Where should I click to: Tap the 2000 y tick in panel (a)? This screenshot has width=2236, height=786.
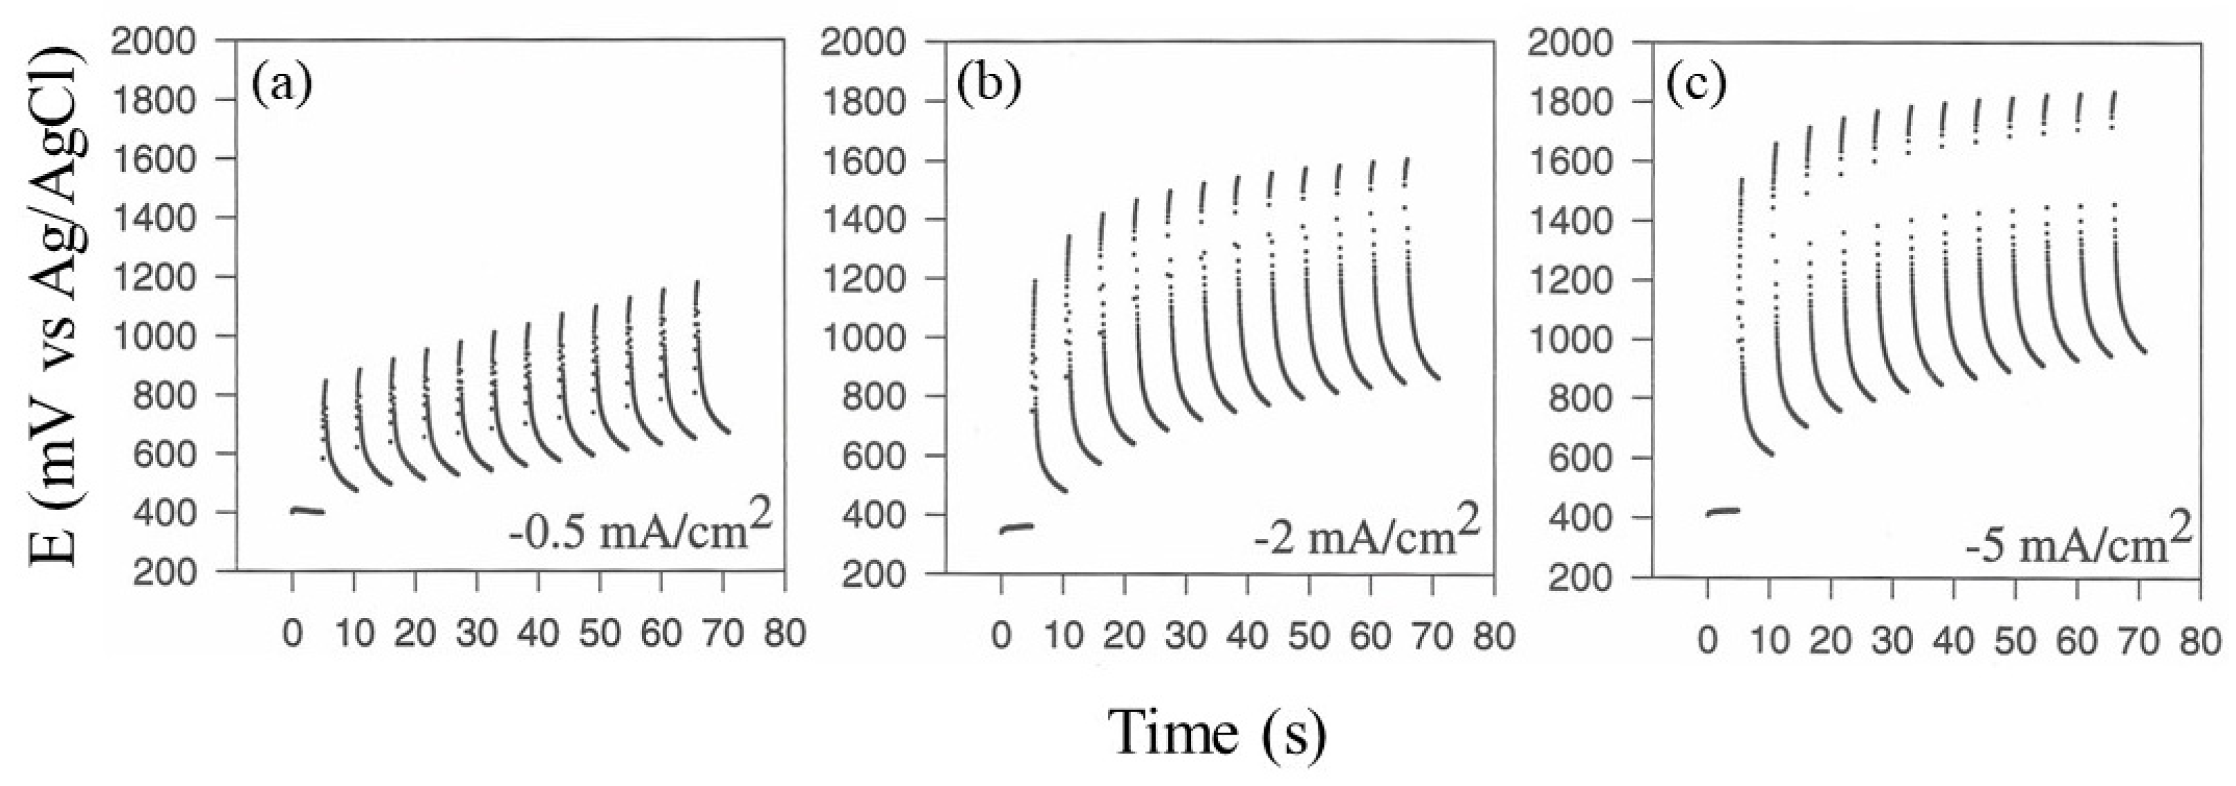tap(165, 41)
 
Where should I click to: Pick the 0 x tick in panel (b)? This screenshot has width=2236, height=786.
tap(1001, 636)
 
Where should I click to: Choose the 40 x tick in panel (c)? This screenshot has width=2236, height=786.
tap(1953, 641)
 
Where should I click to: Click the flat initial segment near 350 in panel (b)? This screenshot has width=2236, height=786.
tap(1016, 527)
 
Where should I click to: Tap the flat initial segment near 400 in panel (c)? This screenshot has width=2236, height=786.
tap(1723, 511)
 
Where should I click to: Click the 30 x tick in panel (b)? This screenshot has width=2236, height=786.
tap(1186, 636)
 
